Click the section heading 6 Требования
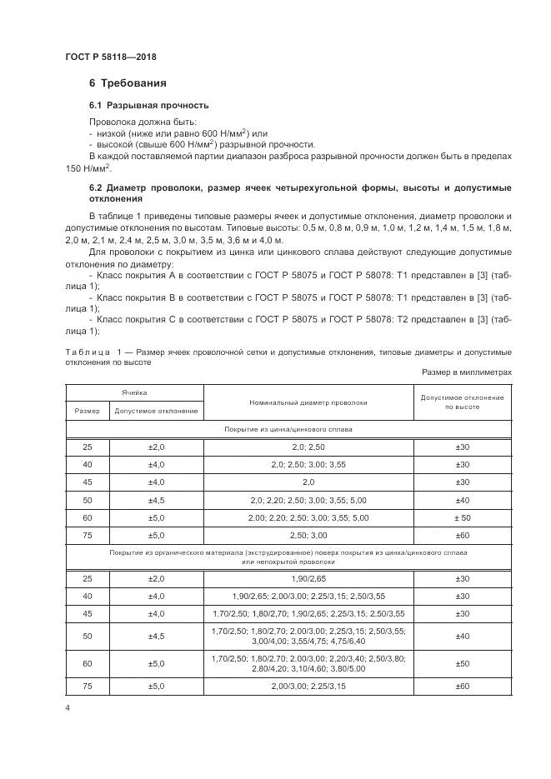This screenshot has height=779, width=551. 128,83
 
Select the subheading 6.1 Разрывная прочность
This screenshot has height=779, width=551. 148,106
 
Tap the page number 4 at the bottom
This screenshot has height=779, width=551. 67,708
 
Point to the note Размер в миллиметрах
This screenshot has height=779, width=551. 466,372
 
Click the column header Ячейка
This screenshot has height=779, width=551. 134,389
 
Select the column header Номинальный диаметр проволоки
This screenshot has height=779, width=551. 308,402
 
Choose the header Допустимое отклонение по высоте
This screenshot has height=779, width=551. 462,402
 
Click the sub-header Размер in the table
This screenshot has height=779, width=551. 87,411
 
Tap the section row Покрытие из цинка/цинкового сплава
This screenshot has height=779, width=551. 288,429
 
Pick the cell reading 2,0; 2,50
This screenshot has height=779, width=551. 308,447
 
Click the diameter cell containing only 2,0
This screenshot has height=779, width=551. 308,482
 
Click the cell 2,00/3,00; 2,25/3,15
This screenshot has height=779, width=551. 308,686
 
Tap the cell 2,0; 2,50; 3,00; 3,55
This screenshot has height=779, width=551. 308,464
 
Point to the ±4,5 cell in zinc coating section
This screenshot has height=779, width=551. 157,499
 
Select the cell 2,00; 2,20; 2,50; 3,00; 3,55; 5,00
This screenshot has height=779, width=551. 308,517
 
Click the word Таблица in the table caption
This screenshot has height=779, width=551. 90,352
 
